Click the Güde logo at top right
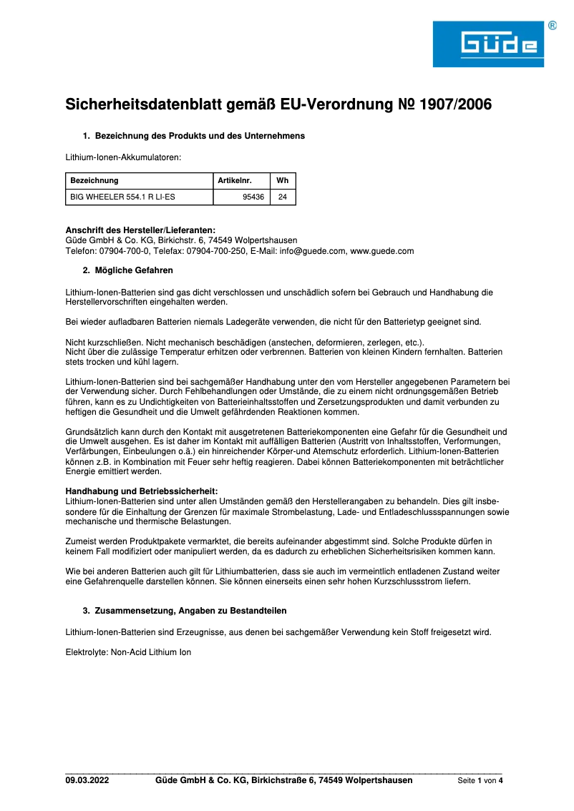coord(488,44)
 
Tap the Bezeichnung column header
coord(94,181)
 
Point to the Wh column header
coord(282,181)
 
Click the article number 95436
coord(253,197)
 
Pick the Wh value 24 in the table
coord(282,197)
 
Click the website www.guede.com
coord(382,251)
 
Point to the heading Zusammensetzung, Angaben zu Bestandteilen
coord(191,611)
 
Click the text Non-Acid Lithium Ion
coord(151,652)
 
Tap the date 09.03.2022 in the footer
coord(87,780)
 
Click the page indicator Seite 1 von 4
coord(480,781)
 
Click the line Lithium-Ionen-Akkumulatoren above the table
coord(123,156)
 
